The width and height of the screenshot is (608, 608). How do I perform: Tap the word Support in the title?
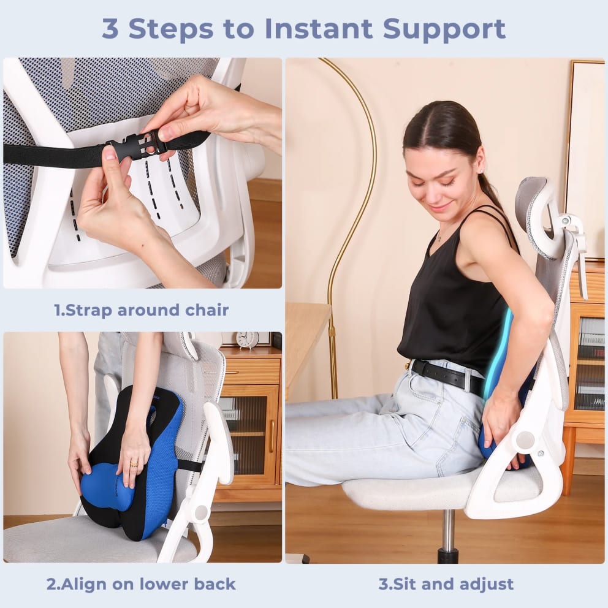[446, 28]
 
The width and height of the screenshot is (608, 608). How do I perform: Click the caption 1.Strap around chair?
[142, 310]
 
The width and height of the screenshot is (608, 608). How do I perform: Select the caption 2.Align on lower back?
[142, 583]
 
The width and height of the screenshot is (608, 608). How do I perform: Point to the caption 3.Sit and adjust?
[446, 583]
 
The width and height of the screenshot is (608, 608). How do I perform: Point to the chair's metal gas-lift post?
[448, 533]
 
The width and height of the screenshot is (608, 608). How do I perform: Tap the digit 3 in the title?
[111, 28]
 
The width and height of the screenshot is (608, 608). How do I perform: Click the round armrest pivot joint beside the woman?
[525, 439]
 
